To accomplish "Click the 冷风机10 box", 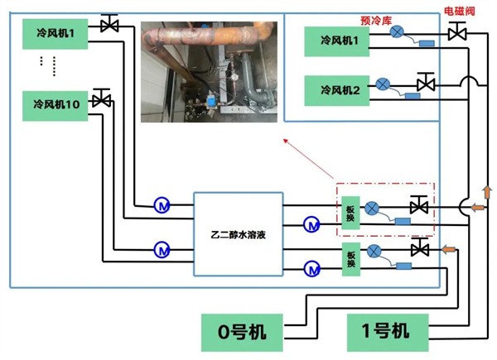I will [x=56, y=105].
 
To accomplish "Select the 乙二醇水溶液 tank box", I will [x=238, y=234].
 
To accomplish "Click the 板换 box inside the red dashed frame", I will [x=350, y=212].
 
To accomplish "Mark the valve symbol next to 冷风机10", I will [x=103, y=99].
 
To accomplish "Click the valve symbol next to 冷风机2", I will [x=427, y=84].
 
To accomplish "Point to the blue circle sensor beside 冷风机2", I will [x=383, y=84].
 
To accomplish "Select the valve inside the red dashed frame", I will [x=418, y=205].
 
